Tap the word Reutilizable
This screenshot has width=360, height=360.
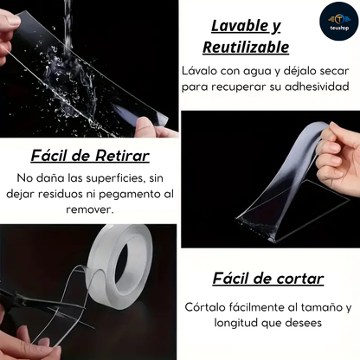pos(246,48)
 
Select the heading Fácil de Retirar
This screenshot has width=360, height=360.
pos(90,157)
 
